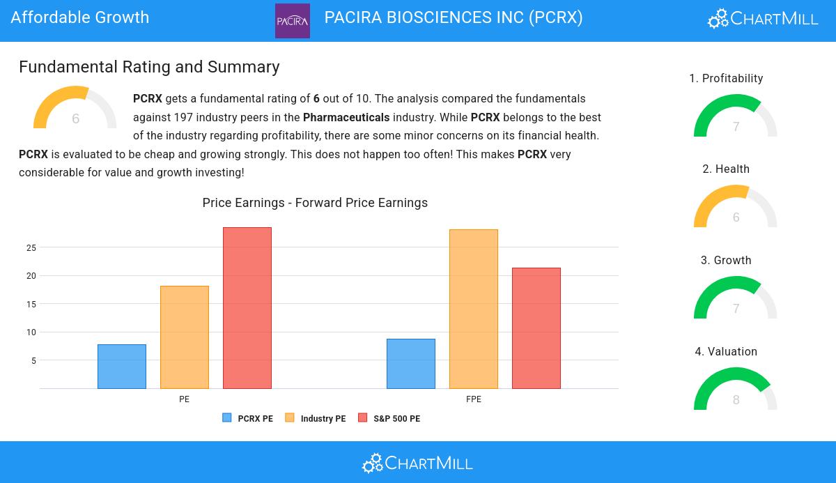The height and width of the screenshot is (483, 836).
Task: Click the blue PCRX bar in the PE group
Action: [x=122, y=367]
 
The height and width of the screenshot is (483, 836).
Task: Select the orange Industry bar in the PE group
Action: [x=185, y=337]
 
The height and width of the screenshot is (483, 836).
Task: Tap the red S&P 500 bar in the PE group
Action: [x=247, y=308]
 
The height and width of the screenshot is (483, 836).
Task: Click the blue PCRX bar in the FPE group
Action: [x=411, y=364]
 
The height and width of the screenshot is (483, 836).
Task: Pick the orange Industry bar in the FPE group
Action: [x=474, y=309]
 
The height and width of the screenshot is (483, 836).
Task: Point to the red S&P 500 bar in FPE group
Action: [x=536, y=328]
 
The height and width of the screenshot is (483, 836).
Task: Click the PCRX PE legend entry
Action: [x=248, y=418]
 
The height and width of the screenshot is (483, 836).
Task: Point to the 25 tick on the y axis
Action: [x=31, y=247]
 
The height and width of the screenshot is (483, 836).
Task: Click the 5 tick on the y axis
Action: [x=33, y=361]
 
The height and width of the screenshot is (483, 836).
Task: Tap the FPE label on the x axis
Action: [x=474, y=399]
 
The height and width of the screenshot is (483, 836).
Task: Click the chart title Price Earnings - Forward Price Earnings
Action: [x=315, y=203]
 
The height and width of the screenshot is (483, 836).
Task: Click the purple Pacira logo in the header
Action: [x=293, y=21]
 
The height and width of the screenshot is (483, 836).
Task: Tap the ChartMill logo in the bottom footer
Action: [x=417, y=463]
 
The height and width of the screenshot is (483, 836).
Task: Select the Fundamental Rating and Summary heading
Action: [x=149, y=67]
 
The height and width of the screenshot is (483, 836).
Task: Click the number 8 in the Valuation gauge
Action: [x=736, y=400]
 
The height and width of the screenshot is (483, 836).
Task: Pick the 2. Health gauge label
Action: [x=726, y=169]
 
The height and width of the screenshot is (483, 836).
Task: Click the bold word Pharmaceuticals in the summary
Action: [x=346, y=118]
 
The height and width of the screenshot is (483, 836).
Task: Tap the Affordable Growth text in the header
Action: [x=80, y=17]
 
